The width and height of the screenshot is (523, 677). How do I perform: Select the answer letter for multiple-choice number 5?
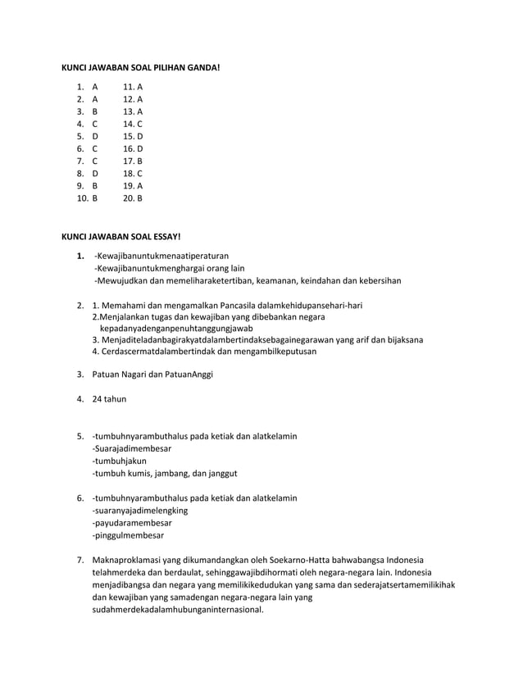click(x=95, y=135)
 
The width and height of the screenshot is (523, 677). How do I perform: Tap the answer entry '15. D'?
click(x=133, y=135)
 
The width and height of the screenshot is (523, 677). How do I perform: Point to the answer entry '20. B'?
click(x=133, y=198)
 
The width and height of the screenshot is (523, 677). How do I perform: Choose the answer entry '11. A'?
click(x=133, y=86)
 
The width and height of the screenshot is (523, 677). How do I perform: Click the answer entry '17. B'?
click(x=133, y=161)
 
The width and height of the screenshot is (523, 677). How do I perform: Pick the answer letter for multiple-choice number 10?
click(x=95, y=198)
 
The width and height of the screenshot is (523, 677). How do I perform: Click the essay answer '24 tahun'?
click(x=110, y=399)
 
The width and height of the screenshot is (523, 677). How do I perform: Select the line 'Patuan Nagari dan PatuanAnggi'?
click(x=152, y=375)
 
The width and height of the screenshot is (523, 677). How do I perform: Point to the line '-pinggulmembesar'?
click(x=128, y=535)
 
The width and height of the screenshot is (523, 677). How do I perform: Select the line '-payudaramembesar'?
click(x=132, y=523)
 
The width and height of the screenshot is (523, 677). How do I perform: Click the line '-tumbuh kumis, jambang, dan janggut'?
click(x=165, y=473)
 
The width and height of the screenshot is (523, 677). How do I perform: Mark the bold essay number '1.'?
click(x=80, y=256)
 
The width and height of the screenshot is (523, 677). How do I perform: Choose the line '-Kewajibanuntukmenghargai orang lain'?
click(x=170, y=268)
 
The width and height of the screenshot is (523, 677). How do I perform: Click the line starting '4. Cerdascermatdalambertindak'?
click(x=204, y=351)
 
